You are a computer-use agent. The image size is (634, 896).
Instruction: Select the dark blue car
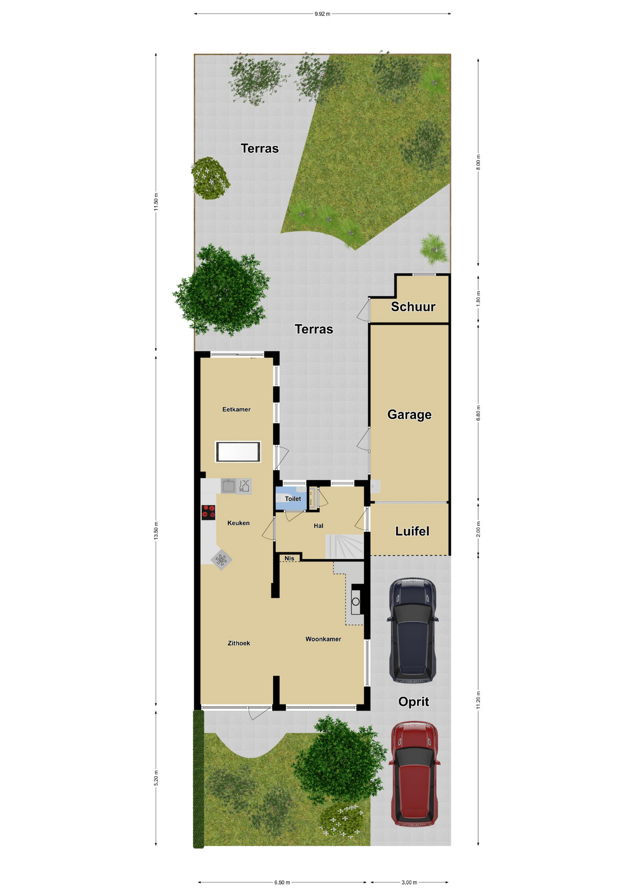(x=413, y=630)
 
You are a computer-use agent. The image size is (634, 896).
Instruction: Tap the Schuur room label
(x=413, y=307)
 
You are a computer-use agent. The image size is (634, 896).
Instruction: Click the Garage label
(x=409, y=414)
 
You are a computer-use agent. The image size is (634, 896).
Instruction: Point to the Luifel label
(x=412, y=531)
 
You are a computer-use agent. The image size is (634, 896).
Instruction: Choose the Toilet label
(x=293, y=499)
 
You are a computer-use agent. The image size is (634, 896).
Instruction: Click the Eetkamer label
(x=236, y=409)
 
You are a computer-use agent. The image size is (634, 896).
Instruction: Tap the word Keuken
(x=238, y=523)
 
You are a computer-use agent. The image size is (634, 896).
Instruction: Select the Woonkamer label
(x=323, y=639)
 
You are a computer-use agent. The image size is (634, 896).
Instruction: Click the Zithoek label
(x=239, y=643)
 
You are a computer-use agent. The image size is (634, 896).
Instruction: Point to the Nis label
(x=289, y=558)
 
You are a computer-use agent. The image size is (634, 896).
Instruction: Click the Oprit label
(x=413, y=701)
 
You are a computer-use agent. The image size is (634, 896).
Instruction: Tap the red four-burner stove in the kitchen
(x=208, y=512)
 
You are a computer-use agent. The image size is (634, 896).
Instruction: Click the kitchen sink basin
(x=228, y=486)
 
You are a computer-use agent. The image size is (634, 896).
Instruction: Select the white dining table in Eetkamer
(x=238, y=452)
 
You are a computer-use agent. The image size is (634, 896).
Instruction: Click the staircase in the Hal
(x=345, y=546)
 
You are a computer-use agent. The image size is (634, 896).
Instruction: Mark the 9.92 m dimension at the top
(x=322, y=14)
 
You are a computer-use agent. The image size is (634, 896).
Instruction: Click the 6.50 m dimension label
(x=282, y=882)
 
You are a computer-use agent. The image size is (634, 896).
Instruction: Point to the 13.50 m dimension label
(x=156, y=531)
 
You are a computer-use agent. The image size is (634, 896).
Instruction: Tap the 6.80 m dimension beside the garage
(x=478, y=413)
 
